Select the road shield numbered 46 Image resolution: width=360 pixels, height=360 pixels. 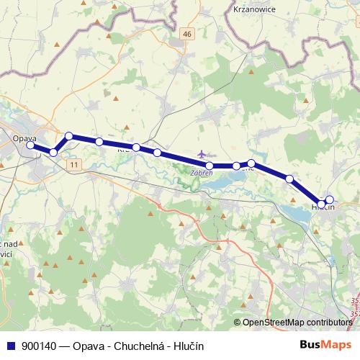tap(187, 34)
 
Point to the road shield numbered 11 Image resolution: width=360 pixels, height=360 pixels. tap(74, 164)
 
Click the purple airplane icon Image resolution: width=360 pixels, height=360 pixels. tap(202, 154)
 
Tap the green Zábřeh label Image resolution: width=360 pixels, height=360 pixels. tap(201, 173)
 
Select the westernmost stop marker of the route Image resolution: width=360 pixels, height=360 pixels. tap(30, 145)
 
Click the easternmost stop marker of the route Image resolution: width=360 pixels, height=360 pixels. tap(330, 199)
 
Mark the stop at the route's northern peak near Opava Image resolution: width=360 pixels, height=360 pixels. tap(69, 135)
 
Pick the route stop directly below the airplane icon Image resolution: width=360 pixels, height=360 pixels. tap(209, 166)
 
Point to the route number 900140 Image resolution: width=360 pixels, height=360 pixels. tap(40, 346)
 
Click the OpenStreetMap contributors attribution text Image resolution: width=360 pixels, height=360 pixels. tap(297, 323)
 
